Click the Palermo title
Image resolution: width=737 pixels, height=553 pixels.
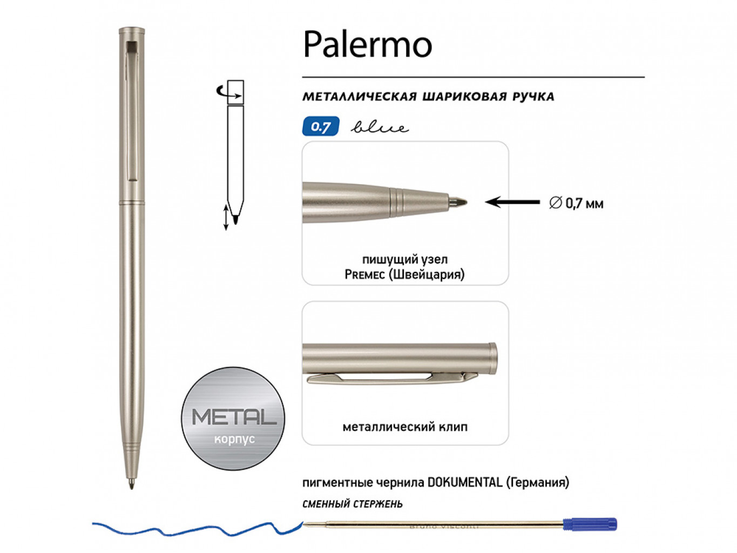(367, 44)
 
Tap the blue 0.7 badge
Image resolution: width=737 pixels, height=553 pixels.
(321, 126)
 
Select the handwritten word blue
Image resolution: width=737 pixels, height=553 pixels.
(380, 127)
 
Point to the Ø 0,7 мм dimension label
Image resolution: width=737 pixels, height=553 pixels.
(576, 203)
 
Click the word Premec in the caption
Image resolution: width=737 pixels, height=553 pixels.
(364, 274)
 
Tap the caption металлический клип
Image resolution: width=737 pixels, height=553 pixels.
(405, 427)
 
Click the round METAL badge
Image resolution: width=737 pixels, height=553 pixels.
(233, 418)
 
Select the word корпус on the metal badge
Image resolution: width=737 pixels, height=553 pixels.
(234, 439)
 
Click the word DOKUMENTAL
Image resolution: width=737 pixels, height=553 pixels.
(464, 482)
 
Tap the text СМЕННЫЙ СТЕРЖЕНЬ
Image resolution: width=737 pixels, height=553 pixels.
(353, 504)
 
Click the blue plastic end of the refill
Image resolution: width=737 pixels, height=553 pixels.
(590, 524)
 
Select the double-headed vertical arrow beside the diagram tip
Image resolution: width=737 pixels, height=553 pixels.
(226, 217)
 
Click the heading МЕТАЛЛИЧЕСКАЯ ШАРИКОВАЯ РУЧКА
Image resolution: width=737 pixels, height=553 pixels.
(428, 97)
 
